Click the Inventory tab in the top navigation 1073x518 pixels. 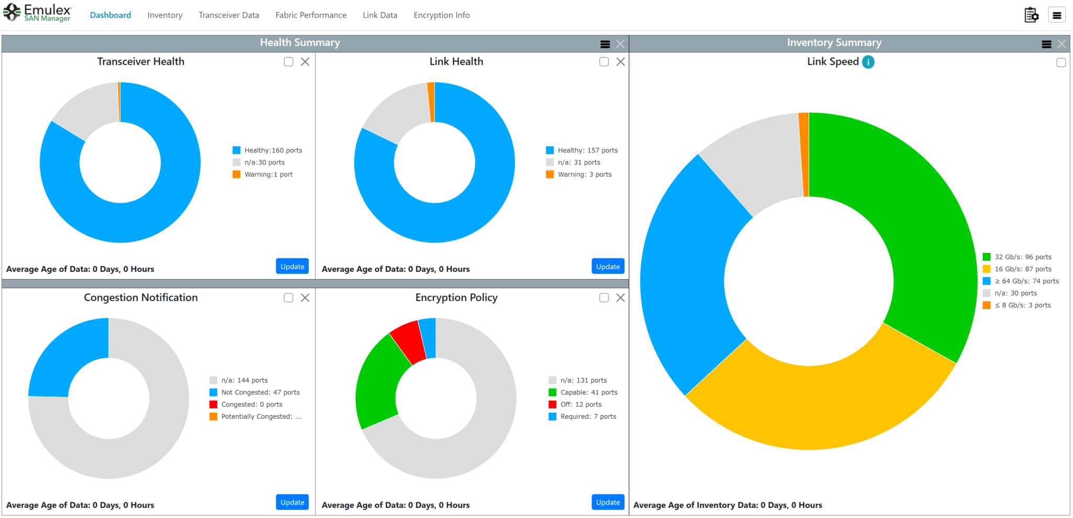click(x=165, y=15)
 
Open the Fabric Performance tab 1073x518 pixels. click(x=311, y=15)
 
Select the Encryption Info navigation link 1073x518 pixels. click(x=441, y=15)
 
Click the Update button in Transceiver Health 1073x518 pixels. click(x=292, y=266)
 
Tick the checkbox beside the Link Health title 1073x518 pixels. click(x=604, y=62)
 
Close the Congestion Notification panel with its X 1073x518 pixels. click(x=305, y=297)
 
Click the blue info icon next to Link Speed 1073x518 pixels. click(x=868, y=62)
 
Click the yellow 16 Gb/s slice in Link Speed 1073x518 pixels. click(x=817, y=403)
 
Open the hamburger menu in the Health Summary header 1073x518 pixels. click(x=605, y=44)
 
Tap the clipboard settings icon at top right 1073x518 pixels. click(x=1031, y=15)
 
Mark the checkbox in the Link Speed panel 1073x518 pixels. click(x=1061, y=63)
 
